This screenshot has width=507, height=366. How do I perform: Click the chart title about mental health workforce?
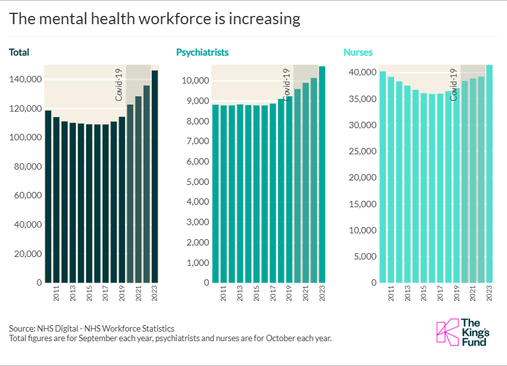point(154,19)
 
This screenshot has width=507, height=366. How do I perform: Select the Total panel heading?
point(19,52)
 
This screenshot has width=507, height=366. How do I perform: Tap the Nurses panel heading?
point(358,52)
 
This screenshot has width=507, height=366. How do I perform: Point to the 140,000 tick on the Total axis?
point(26,80)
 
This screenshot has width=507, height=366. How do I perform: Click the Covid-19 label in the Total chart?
point(119,84)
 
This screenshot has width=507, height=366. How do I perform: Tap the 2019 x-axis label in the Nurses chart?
point(457,293)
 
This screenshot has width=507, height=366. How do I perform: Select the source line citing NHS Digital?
point(92,328)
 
